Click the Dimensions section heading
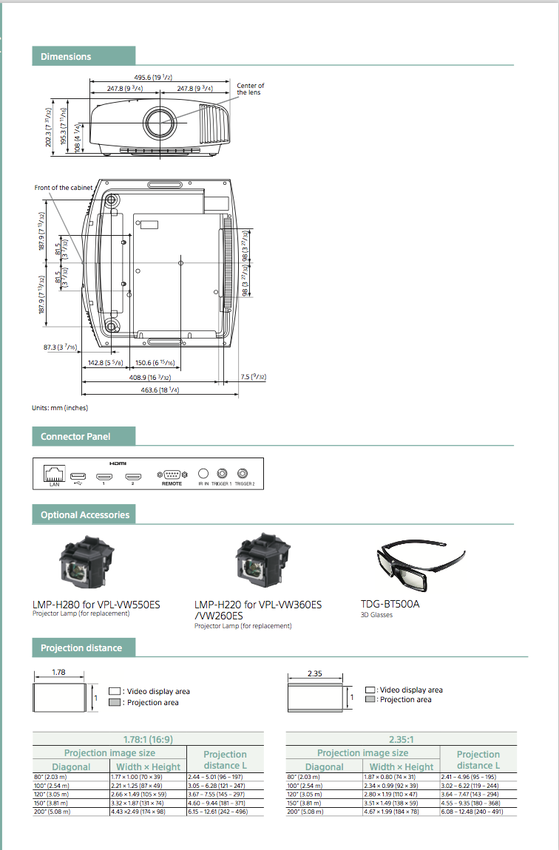tap(66, 56)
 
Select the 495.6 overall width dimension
tap(153, 77)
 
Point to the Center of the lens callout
tap(250, 89)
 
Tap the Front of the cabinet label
tap(64, 188)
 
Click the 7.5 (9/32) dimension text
tap(253, 377)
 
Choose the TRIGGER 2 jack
tap(243, 473)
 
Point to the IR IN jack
tap(203, 473)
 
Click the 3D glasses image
tap(418, 567)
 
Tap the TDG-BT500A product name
tap(390, 604)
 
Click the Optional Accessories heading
tap(84, 514)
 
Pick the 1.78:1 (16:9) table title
tap(149, 738)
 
